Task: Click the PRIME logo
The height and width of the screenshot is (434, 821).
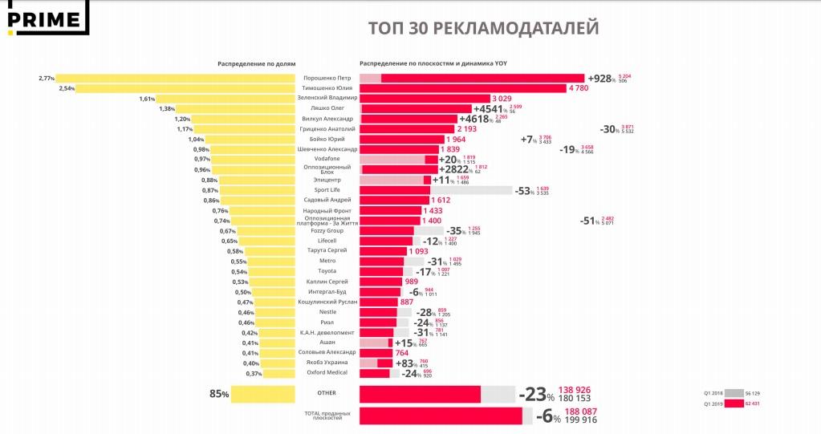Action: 44,18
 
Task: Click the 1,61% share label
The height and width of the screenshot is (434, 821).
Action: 147,99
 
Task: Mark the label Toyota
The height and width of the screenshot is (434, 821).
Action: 327,271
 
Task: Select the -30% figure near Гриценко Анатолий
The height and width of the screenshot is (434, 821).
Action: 610,129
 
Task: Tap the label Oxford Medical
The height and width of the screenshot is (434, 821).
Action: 327,372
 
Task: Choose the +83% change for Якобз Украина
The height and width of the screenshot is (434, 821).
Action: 405,363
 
